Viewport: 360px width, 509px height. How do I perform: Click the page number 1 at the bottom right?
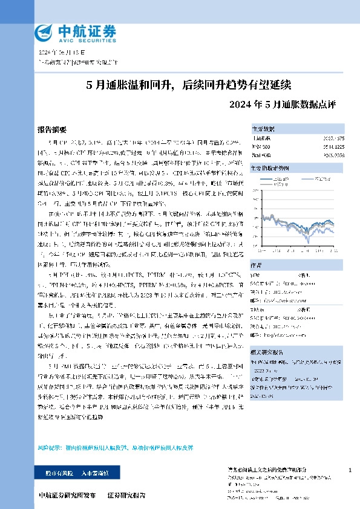pos(350,469)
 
